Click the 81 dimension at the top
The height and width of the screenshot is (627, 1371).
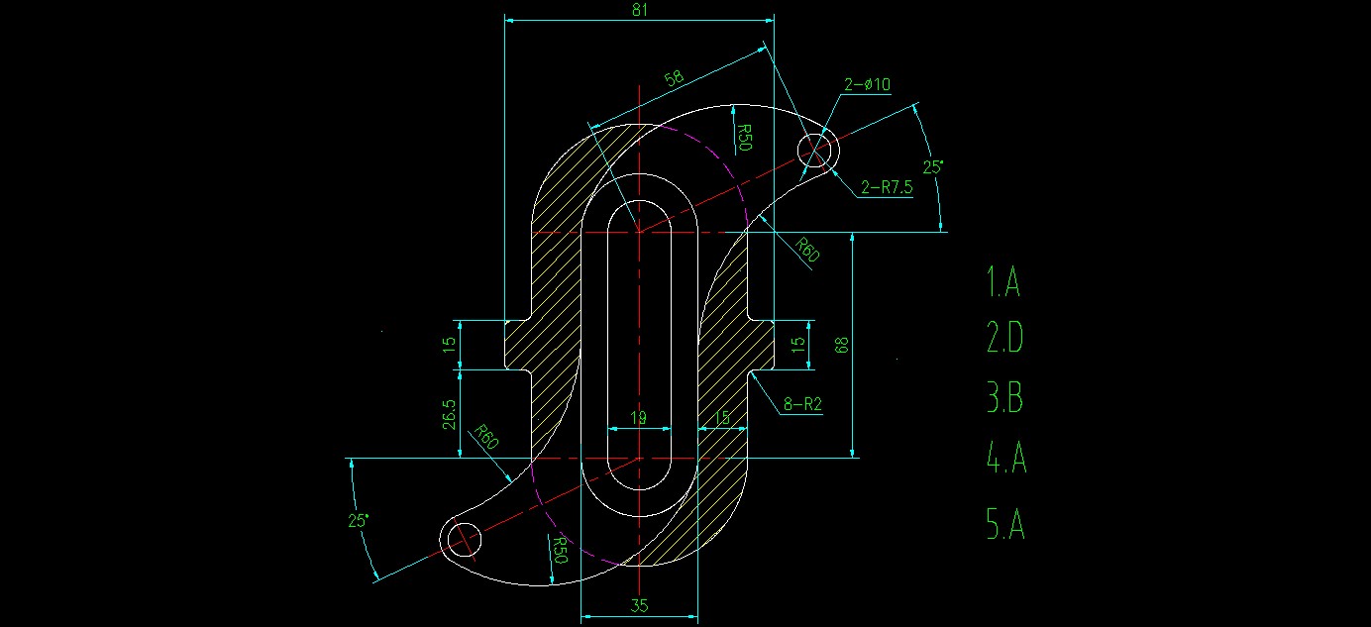pos(638,9)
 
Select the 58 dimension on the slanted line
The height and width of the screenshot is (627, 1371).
pos(674,78)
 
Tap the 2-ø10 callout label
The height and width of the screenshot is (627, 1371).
pos(867,85)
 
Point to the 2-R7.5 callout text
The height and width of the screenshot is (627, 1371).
pos(886,187)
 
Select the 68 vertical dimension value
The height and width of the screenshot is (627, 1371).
pos(843,345)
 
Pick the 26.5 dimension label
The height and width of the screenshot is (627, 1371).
pos(450,414)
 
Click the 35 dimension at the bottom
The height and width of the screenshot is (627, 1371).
pos(639,606)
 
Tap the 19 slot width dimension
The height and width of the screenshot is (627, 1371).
pos(639,419)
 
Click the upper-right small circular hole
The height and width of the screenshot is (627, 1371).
pos(818,152)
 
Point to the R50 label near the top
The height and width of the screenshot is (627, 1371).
pos(745,138)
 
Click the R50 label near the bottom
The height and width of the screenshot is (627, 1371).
pos(559,550)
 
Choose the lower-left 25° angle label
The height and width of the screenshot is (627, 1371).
pos(358,519)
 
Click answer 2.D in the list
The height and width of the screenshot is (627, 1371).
pos(1004,340)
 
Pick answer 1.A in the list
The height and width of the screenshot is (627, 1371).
pos(1002,282)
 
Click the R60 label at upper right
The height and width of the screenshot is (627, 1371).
pos(807,250)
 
